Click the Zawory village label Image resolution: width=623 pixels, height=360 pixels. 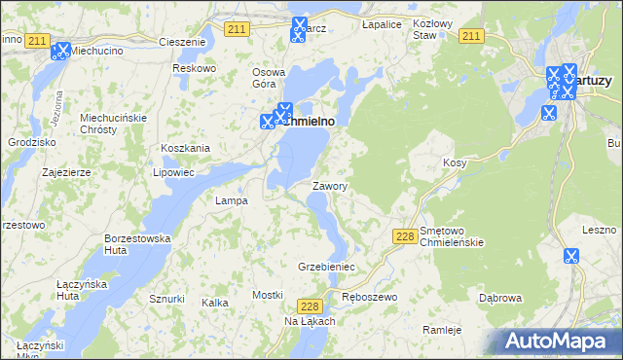pos(331,185)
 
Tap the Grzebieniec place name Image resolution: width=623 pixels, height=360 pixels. pos(326,266)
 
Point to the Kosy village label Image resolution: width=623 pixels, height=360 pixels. pos(455,162)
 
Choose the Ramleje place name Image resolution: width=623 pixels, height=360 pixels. pos(442,330)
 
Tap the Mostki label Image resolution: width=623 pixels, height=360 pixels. pos(267,294)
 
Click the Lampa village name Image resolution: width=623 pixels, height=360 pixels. pos(231,200)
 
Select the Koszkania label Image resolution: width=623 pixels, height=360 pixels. pos(186,148)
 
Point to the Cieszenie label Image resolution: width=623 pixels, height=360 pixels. pos(182,43)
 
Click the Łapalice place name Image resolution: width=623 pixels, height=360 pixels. pos(383,23)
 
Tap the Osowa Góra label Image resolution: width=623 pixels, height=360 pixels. pos(270,78)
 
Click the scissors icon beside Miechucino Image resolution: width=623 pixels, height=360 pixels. pos(60,51)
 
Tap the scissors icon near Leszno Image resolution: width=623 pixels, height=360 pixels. pos(570,257)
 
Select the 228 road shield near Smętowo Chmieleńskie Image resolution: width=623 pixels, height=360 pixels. pos(406,236)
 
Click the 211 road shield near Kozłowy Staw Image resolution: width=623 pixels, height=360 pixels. pos(471,36)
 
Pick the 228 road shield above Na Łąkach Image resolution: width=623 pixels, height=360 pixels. pos(310,305)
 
